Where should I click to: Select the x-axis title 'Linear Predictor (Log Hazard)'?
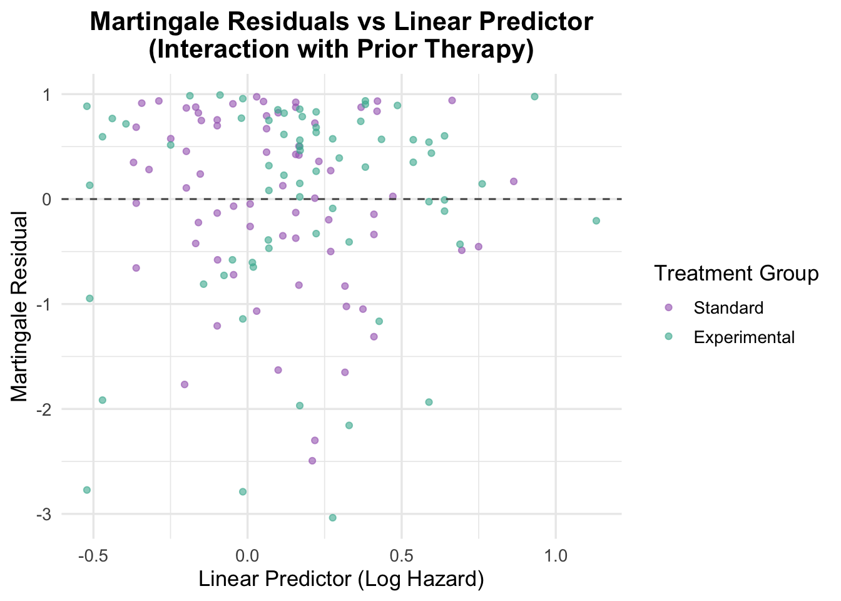click(341, 579)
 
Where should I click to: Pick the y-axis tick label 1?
click(51, 94)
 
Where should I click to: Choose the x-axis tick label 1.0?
click(556, 555)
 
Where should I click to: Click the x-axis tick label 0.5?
click(401, 555)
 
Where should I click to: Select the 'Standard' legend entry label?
click(728, 308)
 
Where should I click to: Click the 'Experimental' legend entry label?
click(744, 337)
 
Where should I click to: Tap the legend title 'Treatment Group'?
click(736, 274)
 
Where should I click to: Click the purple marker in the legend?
click(668, 308)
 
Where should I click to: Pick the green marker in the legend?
click(668, 337)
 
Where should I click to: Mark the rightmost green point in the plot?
click(596, 220)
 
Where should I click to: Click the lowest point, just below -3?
click(332, 518)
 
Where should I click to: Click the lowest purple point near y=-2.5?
click(312, 461)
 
